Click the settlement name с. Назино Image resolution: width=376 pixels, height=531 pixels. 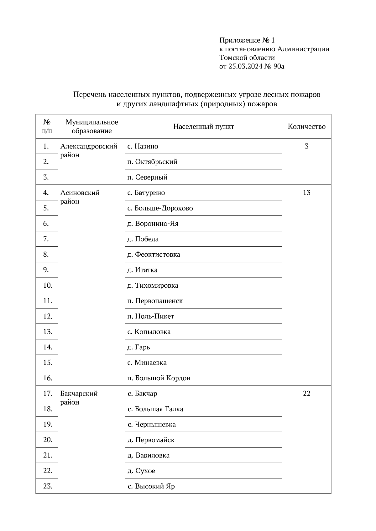click(143, 146)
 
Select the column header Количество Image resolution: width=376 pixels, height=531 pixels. click(306, 127)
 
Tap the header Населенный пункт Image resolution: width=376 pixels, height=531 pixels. click(203, 127)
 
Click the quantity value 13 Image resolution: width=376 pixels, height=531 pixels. click(306, 193)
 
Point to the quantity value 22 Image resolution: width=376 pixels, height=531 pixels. click(306, 393)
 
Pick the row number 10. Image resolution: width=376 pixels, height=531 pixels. click(47, 285)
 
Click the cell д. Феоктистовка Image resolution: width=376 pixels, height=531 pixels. click(154, 255)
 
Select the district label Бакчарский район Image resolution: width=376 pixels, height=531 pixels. click(79, 398)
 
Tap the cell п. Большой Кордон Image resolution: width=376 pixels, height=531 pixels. click(159, 378)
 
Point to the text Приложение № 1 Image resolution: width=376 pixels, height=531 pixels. click(247, 40)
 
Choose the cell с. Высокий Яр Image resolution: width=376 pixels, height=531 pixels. click(151, 486)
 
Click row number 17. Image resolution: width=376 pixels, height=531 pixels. click(47, 393)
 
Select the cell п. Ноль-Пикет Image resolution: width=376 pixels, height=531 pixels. click(151, 316)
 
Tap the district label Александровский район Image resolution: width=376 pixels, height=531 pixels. click(89, 150)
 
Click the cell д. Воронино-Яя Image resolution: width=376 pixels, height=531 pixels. click(153, 224)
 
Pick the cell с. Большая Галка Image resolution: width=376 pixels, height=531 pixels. click(155, 409)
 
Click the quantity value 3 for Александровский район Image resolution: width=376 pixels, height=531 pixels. click(306, 146)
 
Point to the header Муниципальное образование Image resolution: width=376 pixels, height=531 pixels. click(91, 126)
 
